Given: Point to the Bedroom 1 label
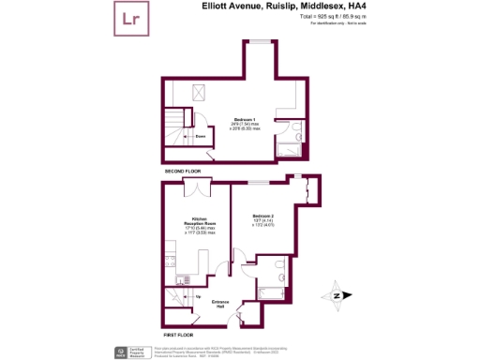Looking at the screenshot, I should coord(246,120).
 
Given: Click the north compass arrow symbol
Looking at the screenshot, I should coord(336,297).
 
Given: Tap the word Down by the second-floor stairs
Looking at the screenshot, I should coord(201,136).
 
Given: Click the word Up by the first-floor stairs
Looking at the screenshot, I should coord(197,296).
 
